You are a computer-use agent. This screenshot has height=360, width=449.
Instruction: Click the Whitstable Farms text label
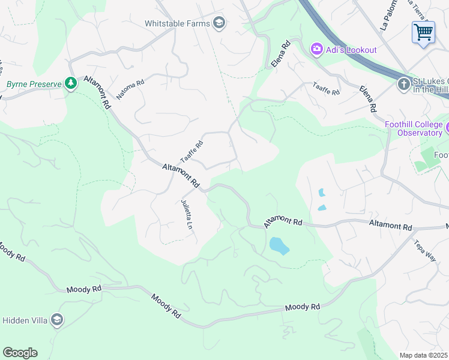tap(177, 23)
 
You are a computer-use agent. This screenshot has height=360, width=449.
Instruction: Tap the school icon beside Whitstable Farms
tap(219, 23)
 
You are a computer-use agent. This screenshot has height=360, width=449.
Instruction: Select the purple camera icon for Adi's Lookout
tap(316, 49)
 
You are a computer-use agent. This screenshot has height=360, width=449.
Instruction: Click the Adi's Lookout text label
tap(352, 49)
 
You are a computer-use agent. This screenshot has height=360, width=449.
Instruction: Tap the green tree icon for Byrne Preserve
tap(71, 83)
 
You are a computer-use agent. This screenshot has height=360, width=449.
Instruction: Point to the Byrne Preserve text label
tap(34, 84)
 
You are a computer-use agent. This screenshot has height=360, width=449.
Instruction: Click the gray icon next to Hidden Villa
tap(57, 320)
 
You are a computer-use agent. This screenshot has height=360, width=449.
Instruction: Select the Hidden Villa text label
tap(25, 320)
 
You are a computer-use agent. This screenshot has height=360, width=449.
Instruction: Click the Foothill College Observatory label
tap(413, 128)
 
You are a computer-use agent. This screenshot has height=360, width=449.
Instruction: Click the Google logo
tap(20, 352)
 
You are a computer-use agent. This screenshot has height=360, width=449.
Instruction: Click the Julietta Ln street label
tap(187, 215)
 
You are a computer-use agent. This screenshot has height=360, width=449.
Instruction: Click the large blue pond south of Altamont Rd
tap(279, 245)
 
